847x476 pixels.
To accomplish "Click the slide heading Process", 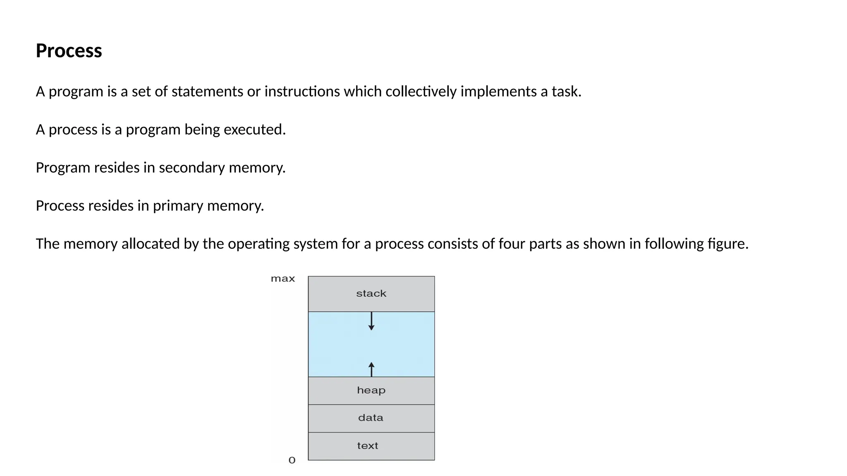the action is [x=69, y=51].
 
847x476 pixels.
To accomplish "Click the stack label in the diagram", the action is [x=371, y=294].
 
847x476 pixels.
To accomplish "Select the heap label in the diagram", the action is [x=371, y=390].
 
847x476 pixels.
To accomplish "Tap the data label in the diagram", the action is [x=371, y=418].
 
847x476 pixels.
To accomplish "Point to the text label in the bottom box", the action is [x=368, y=446].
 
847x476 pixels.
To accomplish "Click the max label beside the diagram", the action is [x=283, y=279].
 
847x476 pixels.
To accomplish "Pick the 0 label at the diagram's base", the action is [x=292, y=460].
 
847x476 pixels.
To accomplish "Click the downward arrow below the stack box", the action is [x=371, y=321].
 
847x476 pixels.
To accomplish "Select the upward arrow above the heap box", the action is [x=371, y=369].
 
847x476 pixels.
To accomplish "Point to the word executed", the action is [x=254, y=130].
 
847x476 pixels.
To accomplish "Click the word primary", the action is [x=178, y=206].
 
